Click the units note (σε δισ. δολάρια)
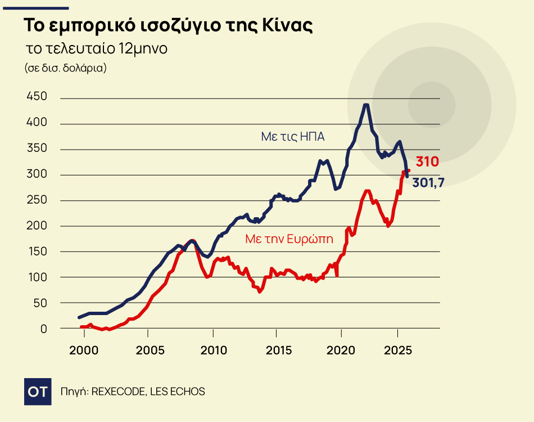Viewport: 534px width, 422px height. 66,68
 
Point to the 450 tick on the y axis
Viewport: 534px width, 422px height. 37,97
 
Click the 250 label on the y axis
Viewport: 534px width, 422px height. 37,200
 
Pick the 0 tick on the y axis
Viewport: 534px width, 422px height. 43,329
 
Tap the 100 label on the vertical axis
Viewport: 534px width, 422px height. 37,277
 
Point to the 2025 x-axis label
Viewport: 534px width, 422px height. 398,350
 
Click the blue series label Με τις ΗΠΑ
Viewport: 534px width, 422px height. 293,136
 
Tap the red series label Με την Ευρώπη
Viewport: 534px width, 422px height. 289,239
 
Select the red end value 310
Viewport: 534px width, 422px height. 427,162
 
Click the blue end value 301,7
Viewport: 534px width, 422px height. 433,182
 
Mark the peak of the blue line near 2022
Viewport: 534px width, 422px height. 366,105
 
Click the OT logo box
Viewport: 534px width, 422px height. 39,391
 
